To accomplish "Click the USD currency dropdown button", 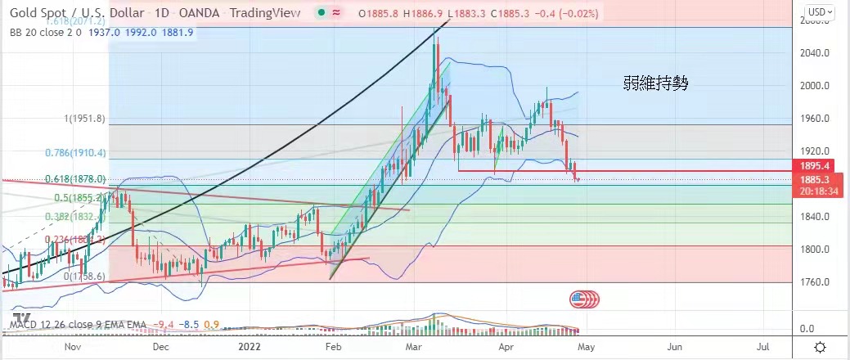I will (820, 11).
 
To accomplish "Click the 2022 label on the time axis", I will (250, 347).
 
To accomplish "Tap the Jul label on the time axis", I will (762, 347).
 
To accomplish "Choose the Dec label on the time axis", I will (160, 347).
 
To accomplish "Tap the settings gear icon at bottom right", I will (820, 347).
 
